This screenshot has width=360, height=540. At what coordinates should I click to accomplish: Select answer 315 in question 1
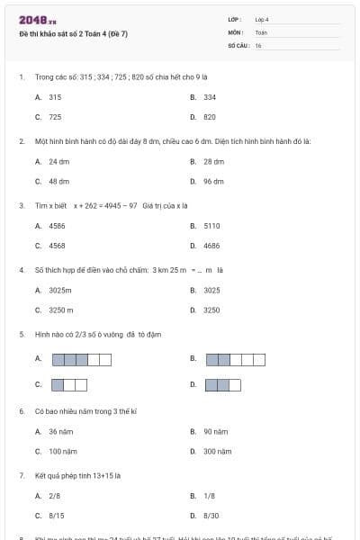click(55, 96)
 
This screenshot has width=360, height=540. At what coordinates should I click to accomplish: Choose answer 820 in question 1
click(210, 117)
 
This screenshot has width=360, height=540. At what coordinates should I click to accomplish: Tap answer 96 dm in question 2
click(213, 181)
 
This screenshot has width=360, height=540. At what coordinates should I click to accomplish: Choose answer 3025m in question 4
click(60, 290)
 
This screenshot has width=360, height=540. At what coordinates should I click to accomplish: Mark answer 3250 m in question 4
click(59, 310)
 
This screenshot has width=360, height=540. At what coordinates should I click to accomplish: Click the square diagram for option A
click(82, 360)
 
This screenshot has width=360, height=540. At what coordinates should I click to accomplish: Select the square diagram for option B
click(236, 360)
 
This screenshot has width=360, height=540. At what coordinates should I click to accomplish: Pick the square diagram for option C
click(69, 385)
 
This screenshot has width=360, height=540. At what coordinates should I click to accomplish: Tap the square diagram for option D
click(224, 385)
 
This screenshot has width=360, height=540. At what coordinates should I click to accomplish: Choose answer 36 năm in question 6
click(59, 431)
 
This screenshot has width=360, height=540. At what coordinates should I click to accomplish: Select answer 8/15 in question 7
click(56, 515)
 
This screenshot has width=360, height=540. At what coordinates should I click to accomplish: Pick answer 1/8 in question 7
click(209, 495)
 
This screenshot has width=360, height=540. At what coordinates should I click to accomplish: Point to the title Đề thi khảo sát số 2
click(73, 33)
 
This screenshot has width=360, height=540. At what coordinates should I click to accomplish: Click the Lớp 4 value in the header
click(262, 19)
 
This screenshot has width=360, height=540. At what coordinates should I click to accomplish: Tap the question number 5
click(21, 334)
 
